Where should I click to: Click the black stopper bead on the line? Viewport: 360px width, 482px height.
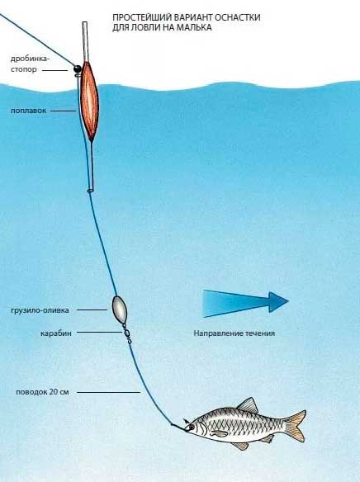point(77,69)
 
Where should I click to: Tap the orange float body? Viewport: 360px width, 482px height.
point(89,101)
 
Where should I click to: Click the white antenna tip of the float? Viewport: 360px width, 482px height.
point(85,41)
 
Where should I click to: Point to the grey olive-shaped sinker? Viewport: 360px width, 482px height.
point(119,310)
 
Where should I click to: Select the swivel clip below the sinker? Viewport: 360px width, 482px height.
point(126,333)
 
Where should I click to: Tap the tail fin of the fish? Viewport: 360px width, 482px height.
point(295,425)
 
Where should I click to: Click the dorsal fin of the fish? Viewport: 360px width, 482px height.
point(248,405)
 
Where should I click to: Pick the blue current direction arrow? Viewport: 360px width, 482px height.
point(245,303)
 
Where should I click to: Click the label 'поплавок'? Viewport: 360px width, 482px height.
point(29,111)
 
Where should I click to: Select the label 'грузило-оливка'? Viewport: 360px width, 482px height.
point(40,310)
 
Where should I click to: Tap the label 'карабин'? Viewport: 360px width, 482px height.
point(55,333)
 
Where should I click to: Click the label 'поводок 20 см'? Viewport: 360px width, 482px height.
point(42,392)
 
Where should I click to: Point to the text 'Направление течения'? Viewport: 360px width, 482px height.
point(234,333)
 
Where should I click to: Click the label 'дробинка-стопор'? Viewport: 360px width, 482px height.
point(30,64)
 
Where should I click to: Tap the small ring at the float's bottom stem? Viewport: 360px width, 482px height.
point(90,191)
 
